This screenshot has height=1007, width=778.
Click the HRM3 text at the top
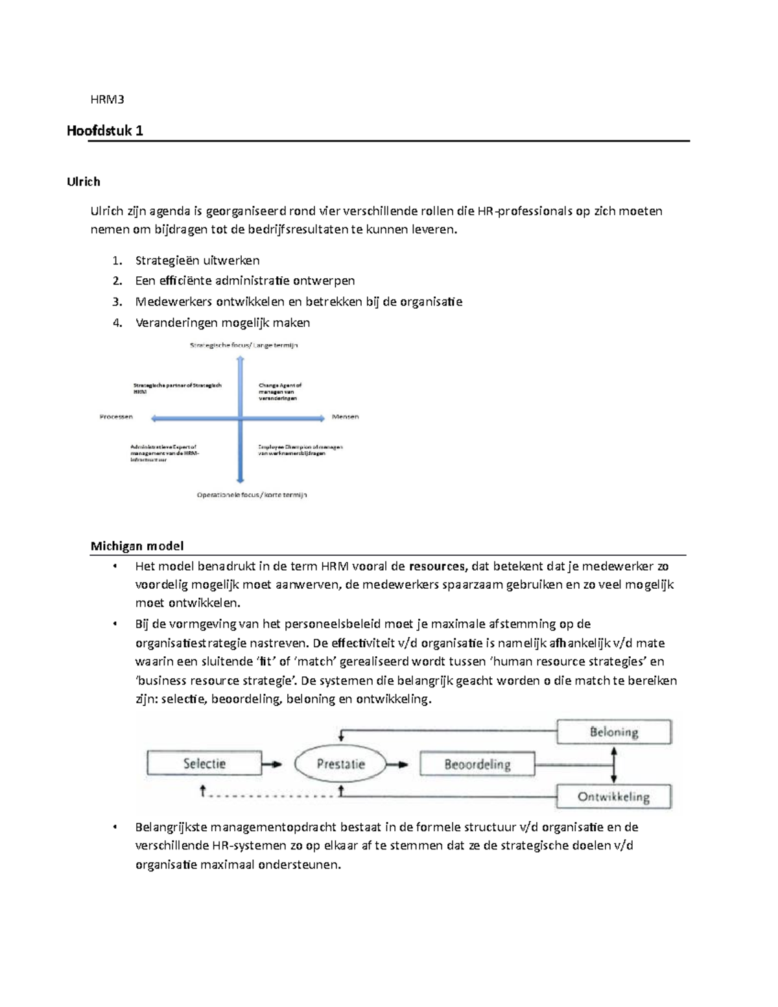point(107,99)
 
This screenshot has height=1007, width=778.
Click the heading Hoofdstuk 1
point(105,130)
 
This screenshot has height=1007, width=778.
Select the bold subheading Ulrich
point(84,182)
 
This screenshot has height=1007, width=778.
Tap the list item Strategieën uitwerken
point(197,261)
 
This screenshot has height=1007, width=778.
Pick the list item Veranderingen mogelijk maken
point(222,322)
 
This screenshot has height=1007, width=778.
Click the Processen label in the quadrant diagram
point(117,417)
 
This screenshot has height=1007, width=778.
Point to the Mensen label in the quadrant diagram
point(345,417)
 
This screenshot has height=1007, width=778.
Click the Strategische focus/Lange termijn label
point(244,346)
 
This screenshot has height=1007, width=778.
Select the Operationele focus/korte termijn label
point(252,495)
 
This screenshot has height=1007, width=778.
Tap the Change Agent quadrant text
point(279,392)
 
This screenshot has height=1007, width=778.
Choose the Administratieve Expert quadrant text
point(165,453)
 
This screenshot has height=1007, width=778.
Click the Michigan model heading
point(137,546)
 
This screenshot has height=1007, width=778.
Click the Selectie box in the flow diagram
point(204,763)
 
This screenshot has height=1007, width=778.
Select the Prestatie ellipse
point(340,764)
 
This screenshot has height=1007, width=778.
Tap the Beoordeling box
point(477,764)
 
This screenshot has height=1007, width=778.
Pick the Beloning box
point(614,732)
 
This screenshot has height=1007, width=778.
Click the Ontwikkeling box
point(614,797)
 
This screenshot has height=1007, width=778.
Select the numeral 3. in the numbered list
point(117,302)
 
